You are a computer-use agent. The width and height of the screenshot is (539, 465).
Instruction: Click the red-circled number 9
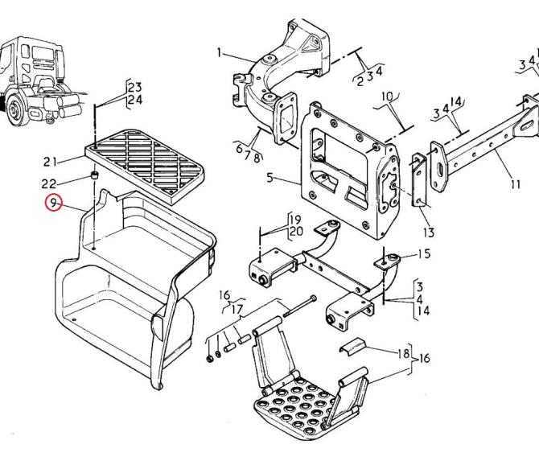53,203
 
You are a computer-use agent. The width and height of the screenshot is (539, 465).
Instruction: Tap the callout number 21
50,162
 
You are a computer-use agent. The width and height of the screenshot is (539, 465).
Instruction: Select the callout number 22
49,184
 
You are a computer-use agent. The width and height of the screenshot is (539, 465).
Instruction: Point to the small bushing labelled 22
94,175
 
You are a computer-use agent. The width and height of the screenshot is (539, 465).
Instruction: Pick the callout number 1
220,53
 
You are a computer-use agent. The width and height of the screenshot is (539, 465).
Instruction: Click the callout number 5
269,178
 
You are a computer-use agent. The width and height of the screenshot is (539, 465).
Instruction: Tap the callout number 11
515,184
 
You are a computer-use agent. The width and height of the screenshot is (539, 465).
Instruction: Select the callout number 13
429,232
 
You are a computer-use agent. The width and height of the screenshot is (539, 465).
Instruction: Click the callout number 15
424,254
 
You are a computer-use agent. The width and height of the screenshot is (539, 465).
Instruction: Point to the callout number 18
404,353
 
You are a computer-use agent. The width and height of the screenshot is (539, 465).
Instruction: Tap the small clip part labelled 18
352,345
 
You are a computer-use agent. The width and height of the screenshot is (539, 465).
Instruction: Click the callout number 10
388,97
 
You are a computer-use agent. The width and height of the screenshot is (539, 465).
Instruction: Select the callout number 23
135,88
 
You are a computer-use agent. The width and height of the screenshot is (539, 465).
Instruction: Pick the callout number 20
296,232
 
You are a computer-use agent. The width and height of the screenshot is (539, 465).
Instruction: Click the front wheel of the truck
14,109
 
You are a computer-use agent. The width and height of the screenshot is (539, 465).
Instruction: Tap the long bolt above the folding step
300,307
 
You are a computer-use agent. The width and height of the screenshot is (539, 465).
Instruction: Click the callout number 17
237,309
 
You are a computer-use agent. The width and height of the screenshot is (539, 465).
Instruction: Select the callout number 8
257,158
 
